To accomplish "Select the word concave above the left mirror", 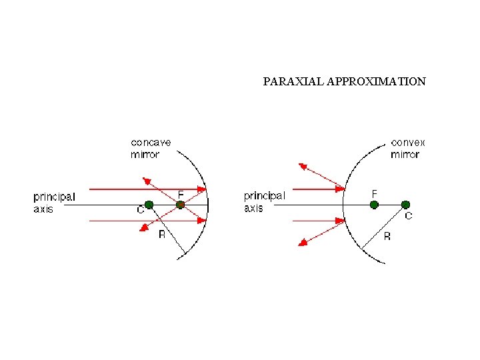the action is pyautogui.click(x=151, y=143).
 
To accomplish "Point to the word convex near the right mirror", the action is pyautogui.click(x=408, y=143).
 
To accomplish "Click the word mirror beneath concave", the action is pyautogui.click(x=145, y=155).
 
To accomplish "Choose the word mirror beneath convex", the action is pyautogui.click(x=405, y=155).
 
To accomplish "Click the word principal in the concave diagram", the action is pyautogui.click(x=55, y=197).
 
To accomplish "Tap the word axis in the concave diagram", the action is pyautogui.click(x=43, y=209).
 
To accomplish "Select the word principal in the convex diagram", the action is pyautogui.click(x=265, y=196).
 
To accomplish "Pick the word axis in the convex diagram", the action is pyautogui.click(x=253, y=208).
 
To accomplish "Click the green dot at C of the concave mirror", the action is pyautogui.click(x=149, y=205).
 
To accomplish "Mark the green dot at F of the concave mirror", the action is pyautogui.click(x=180, y=205).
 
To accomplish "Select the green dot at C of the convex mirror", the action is pyautogui.click(x=405, y=205).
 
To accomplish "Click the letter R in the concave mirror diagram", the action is pyautogui.click(x=161, y=235).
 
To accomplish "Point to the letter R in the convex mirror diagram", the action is pyautogui.click(x=387, y=237).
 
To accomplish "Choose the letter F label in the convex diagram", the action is pyautogui.click(x=374, y=193).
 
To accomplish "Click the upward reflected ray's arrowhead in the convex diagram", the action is pyautogui.click(x=303, y=166).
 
